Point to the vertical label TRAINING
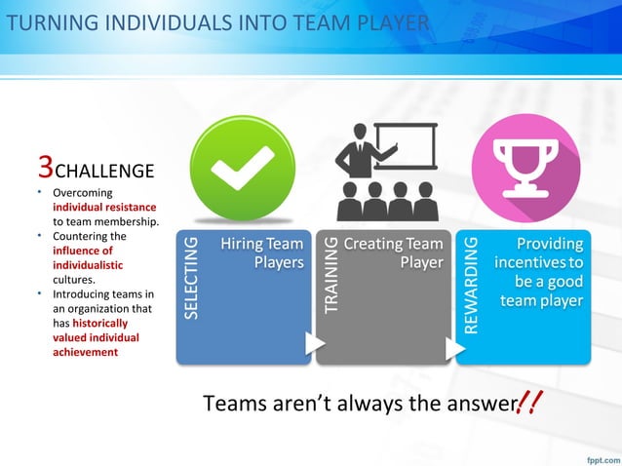(330, 274)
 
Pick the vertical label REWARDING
(471, 284)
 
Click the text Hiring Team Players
(260, 252)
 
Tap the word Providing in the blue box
(549, 244)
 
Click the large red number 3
(44, 168)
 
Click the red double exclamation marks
(531, 401)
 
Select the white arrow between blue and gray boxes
(314, 343)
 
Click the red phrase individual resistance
(104, 207)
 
